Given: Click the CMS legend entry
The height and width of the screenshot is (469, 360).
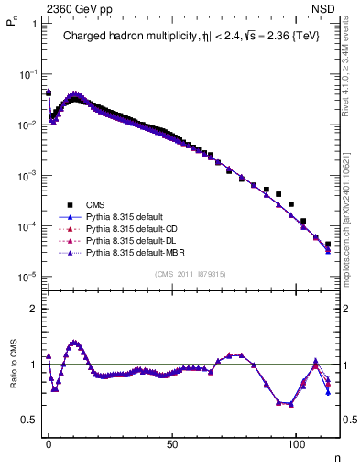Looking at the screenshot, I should (94, 204).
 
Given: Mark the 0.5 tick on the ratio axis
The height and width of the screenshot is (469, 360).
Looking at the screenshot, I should (29, 420).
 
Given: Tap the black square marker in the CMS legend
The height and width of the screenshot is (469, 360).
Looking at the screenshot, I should (69, 204).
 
